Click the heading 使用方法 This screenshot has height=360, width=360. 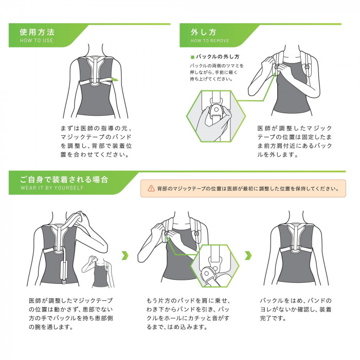37,32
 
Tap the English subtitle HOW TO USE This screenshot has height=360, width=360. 37,41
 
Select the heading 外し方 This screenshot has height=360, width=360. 204,32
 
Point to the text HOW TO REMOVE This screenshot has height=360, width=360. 210,41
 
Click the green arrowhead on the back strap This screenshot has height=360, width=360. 115,80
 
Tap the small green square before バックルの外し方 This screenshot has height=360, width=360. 192,57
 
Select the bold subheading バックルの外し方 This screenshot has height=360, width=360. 218,57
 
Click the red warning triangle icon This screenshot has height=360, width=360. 151,188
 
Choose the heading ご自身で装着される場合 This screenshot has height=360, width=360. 64,179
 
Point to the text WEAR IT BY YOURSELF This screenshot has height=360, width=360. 52,188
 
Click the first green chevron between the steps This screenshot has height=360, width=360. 125,255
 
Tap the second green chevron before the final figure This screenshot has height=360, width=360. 248,255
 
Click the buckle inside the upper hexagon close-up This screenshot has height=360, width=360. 215,112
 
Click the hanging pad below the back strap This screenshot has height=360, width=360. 64,272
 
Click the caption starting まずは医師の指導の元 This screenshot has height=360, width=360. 96,141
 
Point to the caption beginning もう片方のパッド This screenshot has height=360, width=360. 188,314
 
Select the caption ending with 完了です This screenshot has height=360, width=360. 296,309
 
